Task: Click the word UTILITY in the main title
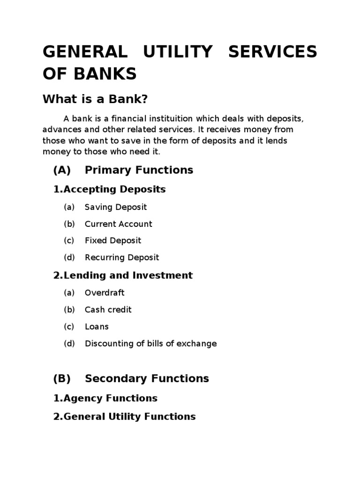178,52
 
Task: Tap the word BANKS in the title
104,74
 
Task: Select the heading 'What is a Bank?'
95,99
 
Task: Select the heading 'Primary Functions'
139,170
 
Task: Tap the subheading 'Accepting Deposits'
114,189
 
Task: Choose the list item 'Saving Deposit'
115,207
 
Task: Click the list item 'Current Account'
118,224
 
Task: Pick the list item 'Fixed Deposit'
112,241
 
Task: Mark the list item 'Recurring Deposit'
122,258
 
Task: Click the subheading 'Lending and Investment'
127,276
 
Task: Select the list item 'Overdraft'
105,293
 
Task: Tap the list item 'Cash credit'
108,310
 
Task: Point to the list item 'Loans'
97,327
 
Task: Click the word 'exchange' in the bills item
199,344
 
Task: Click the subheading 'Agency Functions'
110,398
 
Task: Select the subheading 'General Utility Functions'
129,417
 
